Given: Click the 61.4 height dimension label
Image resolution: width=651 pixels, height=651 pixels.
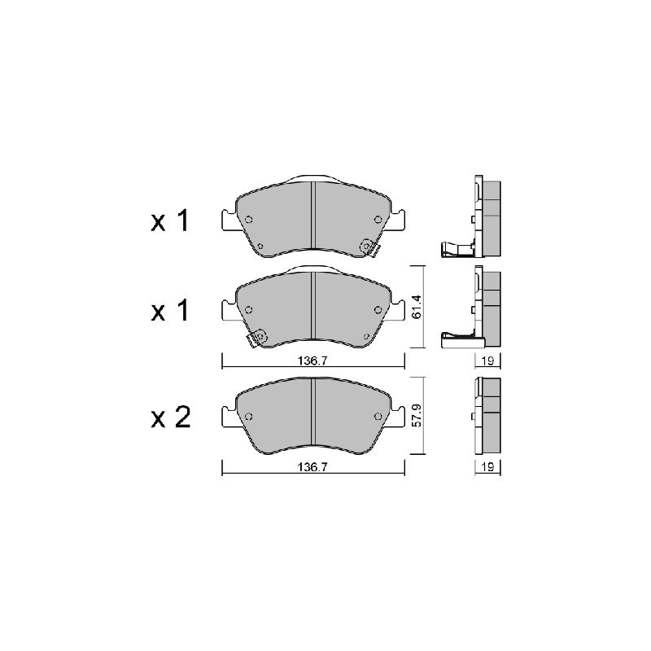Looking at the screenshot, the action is [417, 307].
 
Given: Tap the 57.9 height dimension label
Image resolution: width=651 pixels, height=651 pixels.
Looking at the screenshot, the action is [417, 415].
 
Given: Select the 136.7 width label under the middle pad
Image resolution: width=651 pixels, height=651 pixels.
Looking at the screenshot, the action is [312, 360].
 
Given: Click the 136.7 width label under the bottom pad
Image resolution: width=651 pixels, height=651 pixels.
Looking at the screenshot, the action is [312, 467].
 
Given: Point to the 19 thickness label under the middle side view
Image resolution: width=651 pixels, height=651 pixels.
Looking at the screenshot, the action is [487, 360].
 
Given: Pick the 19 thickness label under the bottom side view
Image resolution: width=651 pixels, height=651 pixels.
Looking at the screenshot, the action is [487, 467].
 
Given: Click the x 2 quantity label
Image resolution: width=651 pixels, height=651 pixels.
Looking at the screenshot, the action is [171, 417].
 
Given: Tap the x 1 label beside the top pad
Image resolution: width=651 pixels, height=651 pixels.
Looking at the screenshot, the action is [170, 221].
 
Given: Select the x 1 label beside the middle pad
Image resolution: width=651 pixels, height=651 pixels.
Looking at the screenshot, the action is [170, 311].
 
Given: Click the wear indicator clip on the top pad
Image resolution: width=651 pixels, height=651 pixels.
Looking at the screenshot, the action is [369, 247].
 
